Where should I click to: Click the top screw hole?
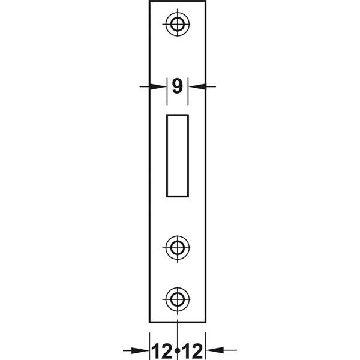coord(178,24)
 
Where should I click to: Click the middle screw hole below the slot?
coord(178,248)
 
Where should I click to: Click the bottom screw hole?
coord(178,299)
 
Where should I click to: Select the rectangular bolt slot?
coord(178,155)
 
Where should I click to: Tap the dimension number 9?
coord(178,86)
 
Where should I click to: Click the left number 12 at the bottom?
coord(162,351)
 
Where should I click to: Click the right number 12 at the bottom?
coord(193,351)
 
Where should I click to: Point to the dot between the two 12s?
coord(177,351)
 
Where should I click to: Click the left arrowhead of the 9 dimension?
coord(157,86)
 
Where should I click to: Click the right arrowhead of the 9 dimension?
coord(197,86)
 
